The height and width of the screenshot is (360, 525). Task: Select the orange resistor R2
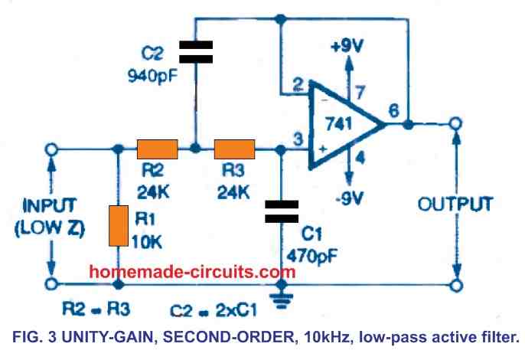click(158, 149)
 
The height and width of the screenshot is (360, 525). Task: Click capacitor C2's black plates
click(196, 52)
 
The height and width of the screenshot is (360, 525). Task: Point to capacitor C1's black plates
click(283, 211)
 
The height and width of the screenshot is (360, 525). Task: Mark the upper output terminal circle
click(457, 124)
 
